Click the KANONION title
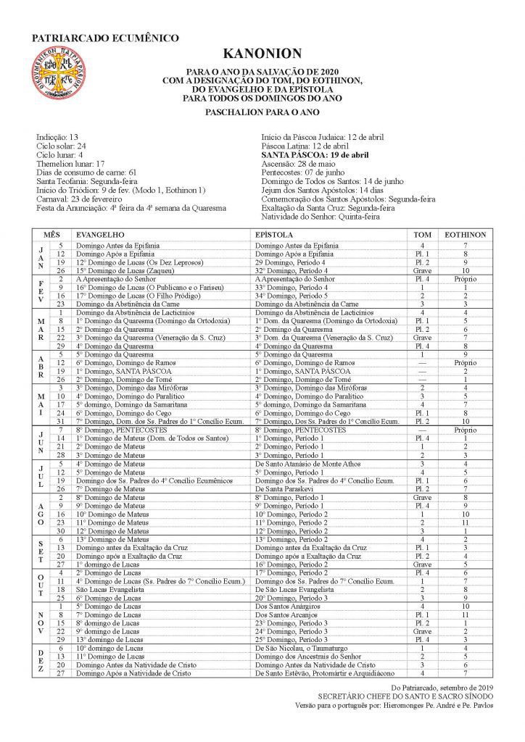(x=262, y=54)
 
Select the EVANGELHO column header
(x=101, y=235)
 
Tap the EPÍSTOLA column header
(x=274, y=235)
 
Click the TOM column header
(x=421, y=235)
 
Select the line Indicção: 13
(x=57, y=136)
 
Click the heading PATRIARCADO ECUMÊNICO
(x=105, y=38)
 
